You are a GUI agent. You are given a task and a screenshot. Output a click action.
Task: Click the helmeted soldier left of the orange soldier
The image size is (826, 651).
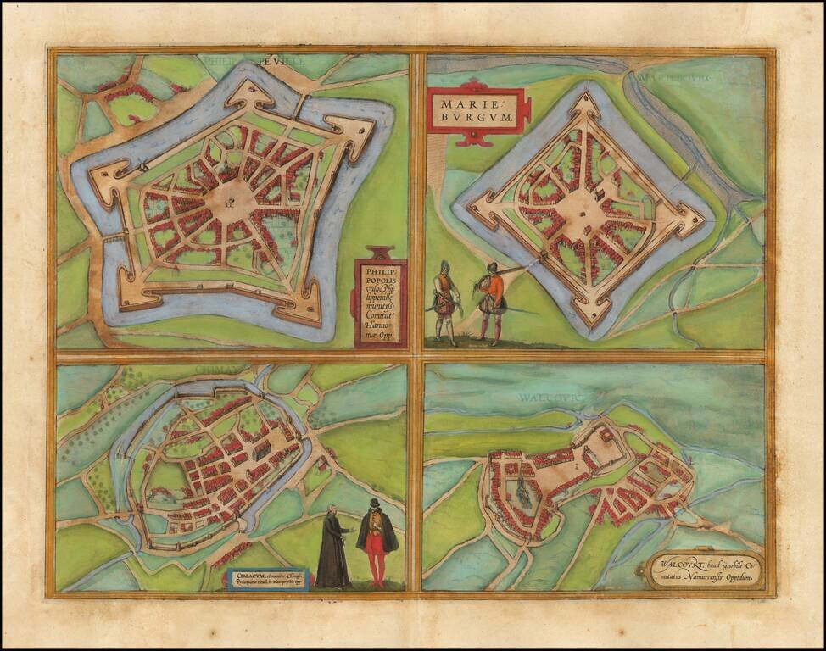click(444, 302)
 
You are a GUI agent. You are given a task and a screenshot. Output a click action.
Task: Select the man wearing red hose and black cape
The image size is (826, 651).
click(376, 542)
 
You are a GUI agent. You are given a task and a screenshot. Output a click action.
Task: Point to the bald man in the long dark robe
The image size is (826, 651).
click(333, 546)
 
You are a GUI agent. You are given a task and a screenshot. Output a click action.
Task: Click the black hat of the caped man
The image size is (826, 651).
click(374, 504)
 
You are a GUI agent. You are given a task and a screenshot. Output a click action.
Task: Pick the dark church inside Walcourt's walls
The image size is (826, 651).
click(522, 492)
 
